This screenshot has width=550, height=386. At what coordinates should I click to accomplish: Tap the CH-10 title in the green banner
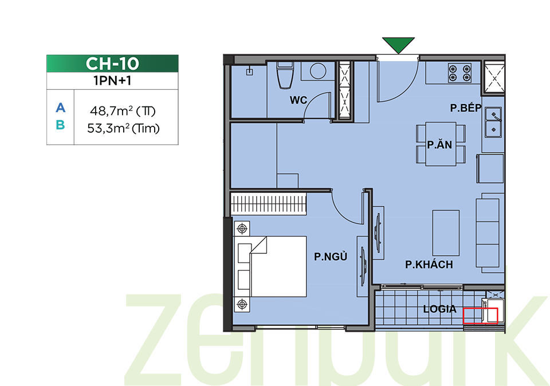click(112, 63)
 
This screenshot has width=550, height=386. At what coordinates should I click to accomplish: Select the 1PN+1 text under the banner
click(112, 81)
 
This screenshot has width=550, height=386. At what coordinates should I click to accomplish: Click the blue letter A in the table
click(60, 108)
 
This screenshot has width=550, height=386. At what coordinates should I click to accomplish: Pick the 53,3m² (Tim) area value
click(123, 128)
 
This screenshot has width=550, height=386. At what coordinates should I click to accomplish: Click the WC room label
click(298, 100)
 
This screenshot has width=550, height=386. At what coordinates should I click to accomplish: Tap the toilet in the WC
click(285, 75)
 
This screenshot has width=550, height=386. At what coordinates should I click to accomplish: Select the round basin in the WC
click(318, 71)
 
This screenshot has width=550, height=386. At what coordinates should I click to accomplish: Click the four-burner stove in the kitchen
click(459, 73)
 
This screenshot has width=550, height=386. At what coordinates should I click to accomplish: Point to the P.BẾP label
click(466, 108)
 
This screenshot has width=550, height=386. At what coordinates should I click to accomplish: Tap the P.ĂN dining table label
click(439, 144)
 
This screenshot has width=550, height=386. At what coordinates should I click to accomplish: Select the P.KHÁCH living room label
click(429, 264)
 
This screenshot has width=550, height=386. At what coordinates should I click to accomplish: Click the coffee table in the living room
click(446, 233)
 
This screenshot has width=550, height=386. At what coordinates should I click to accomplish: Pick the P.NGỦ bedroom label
click(331, 256)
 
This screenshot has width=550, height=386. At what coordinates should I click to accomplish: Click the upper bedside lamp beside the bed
click(242, 229)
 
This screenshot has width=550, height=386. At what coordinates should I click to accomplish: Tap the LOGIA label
click(440, 309)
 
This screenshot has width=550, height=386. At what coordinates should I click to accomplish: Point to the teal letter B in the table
click(60, 125)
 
